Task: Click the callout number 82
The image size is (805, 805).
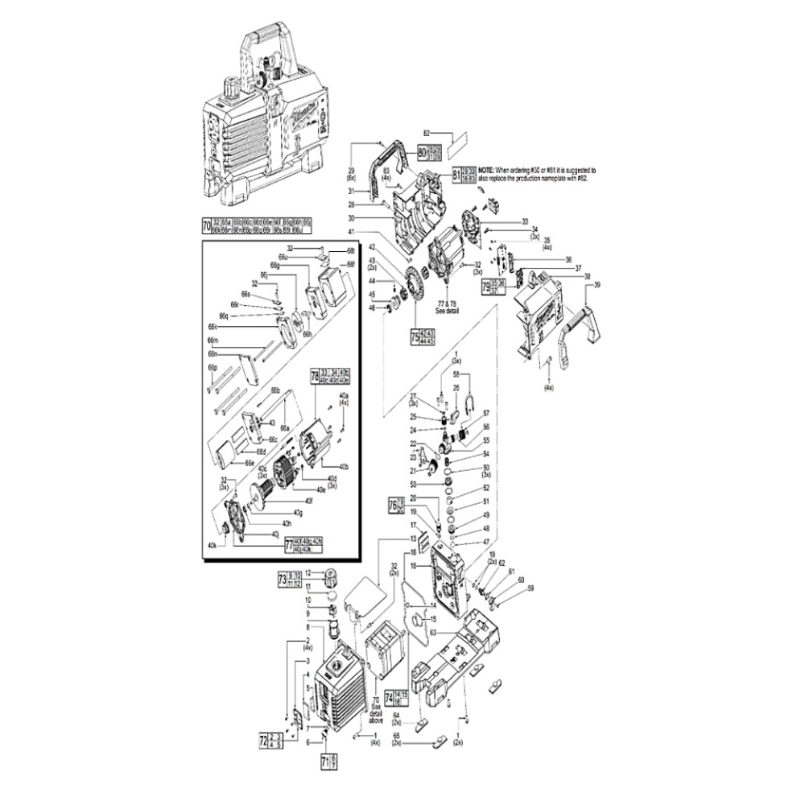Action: (427, 132)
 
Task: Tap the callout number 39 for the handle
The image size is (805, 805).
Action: (597, 286)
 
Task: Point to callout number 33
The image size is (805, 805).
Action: (524, 221)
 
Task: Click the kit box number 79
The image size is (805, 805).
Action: (485, 286)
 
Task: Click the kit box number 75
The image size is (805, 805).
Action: (415, 336)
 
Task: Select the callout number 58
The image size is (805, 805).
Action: (456, 374)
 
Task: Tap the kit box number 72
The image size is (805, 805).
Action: (263, 738)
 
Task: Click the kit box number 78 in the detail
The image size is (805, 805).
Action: (315, 375)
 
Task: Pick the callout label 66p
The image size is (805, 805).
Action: (213, 367)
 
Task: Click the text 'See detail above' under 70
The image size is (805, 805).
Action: (376, 711)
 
